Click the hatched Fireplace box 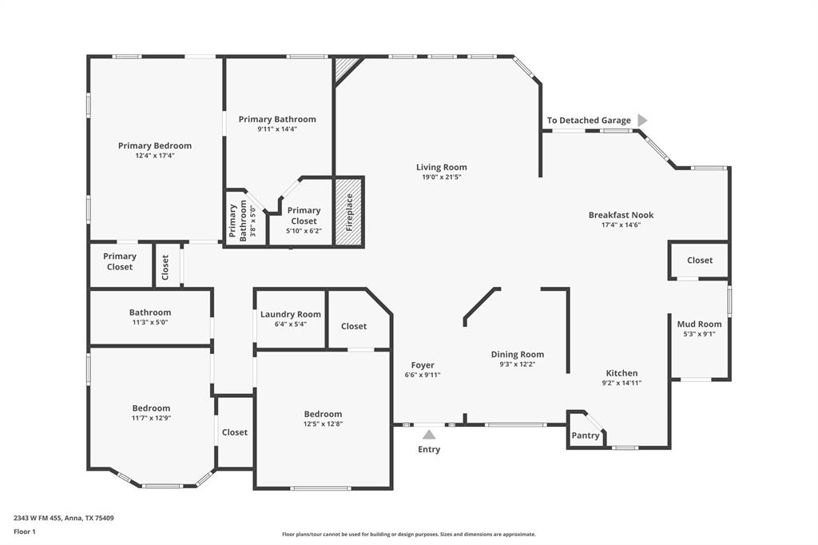point(348,212)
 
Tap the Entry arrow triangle point(429,435)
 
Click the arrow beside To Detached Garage point(641,120)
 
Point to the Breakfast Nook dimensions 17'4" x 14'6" point(621,225)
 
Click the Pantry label point(585,436)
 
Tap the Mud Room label point(699,324)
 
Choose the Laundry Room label point(290,314)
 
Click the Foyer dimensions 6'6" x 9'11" point(423,375)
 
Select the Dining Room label point(517,354)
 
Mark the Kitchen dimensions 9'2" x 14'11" point(621,383)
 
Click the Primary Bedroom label point(155,145)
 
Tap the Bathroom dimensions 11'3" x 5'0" point(150,322)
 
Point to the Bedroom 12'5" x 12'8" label point(323,414)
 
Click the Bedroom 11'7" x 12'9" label point(151,408)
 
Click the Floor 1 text point(25,531)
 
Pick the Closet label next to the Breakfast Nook point(699,260)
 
